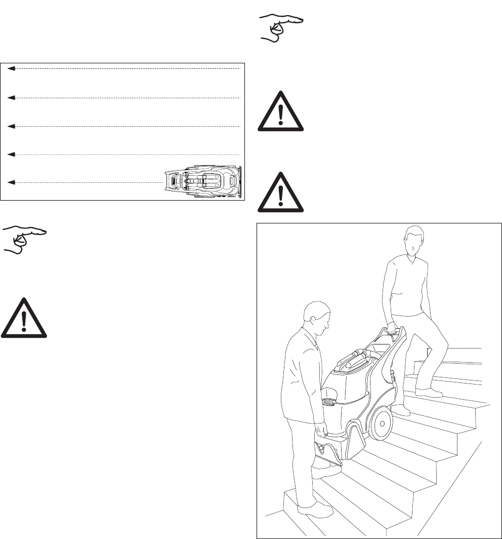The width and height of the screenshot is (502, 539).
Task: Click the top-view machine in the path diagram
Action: pyautogui.click(x=205, y=180)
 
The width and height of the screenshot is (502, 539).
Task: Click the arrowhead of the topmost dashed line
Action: pyautogui.click(x=11, y=68)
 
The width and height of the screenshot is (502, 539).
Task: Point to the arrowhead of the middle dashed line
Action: pyautogui.click(x=11, y=125)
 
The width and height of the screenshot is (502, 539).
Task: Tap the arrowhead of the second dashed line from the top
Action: pyautogui.click(x=11, y=97)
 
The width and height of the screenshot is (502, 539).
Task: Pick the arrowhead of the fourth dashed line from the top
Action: pyautogui.click(x=11, y=153)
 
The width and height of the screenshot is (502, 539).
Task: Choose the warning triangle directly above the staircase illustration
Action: pyautogui.click(x=281, y=192)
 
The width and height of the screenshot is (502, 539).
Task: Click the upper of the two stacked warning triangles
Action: pyautogui.click(x=281, y=112)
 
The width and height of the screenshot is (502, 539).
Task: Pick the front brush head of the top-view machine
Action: pyautogui.click(x=172, y=180)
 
